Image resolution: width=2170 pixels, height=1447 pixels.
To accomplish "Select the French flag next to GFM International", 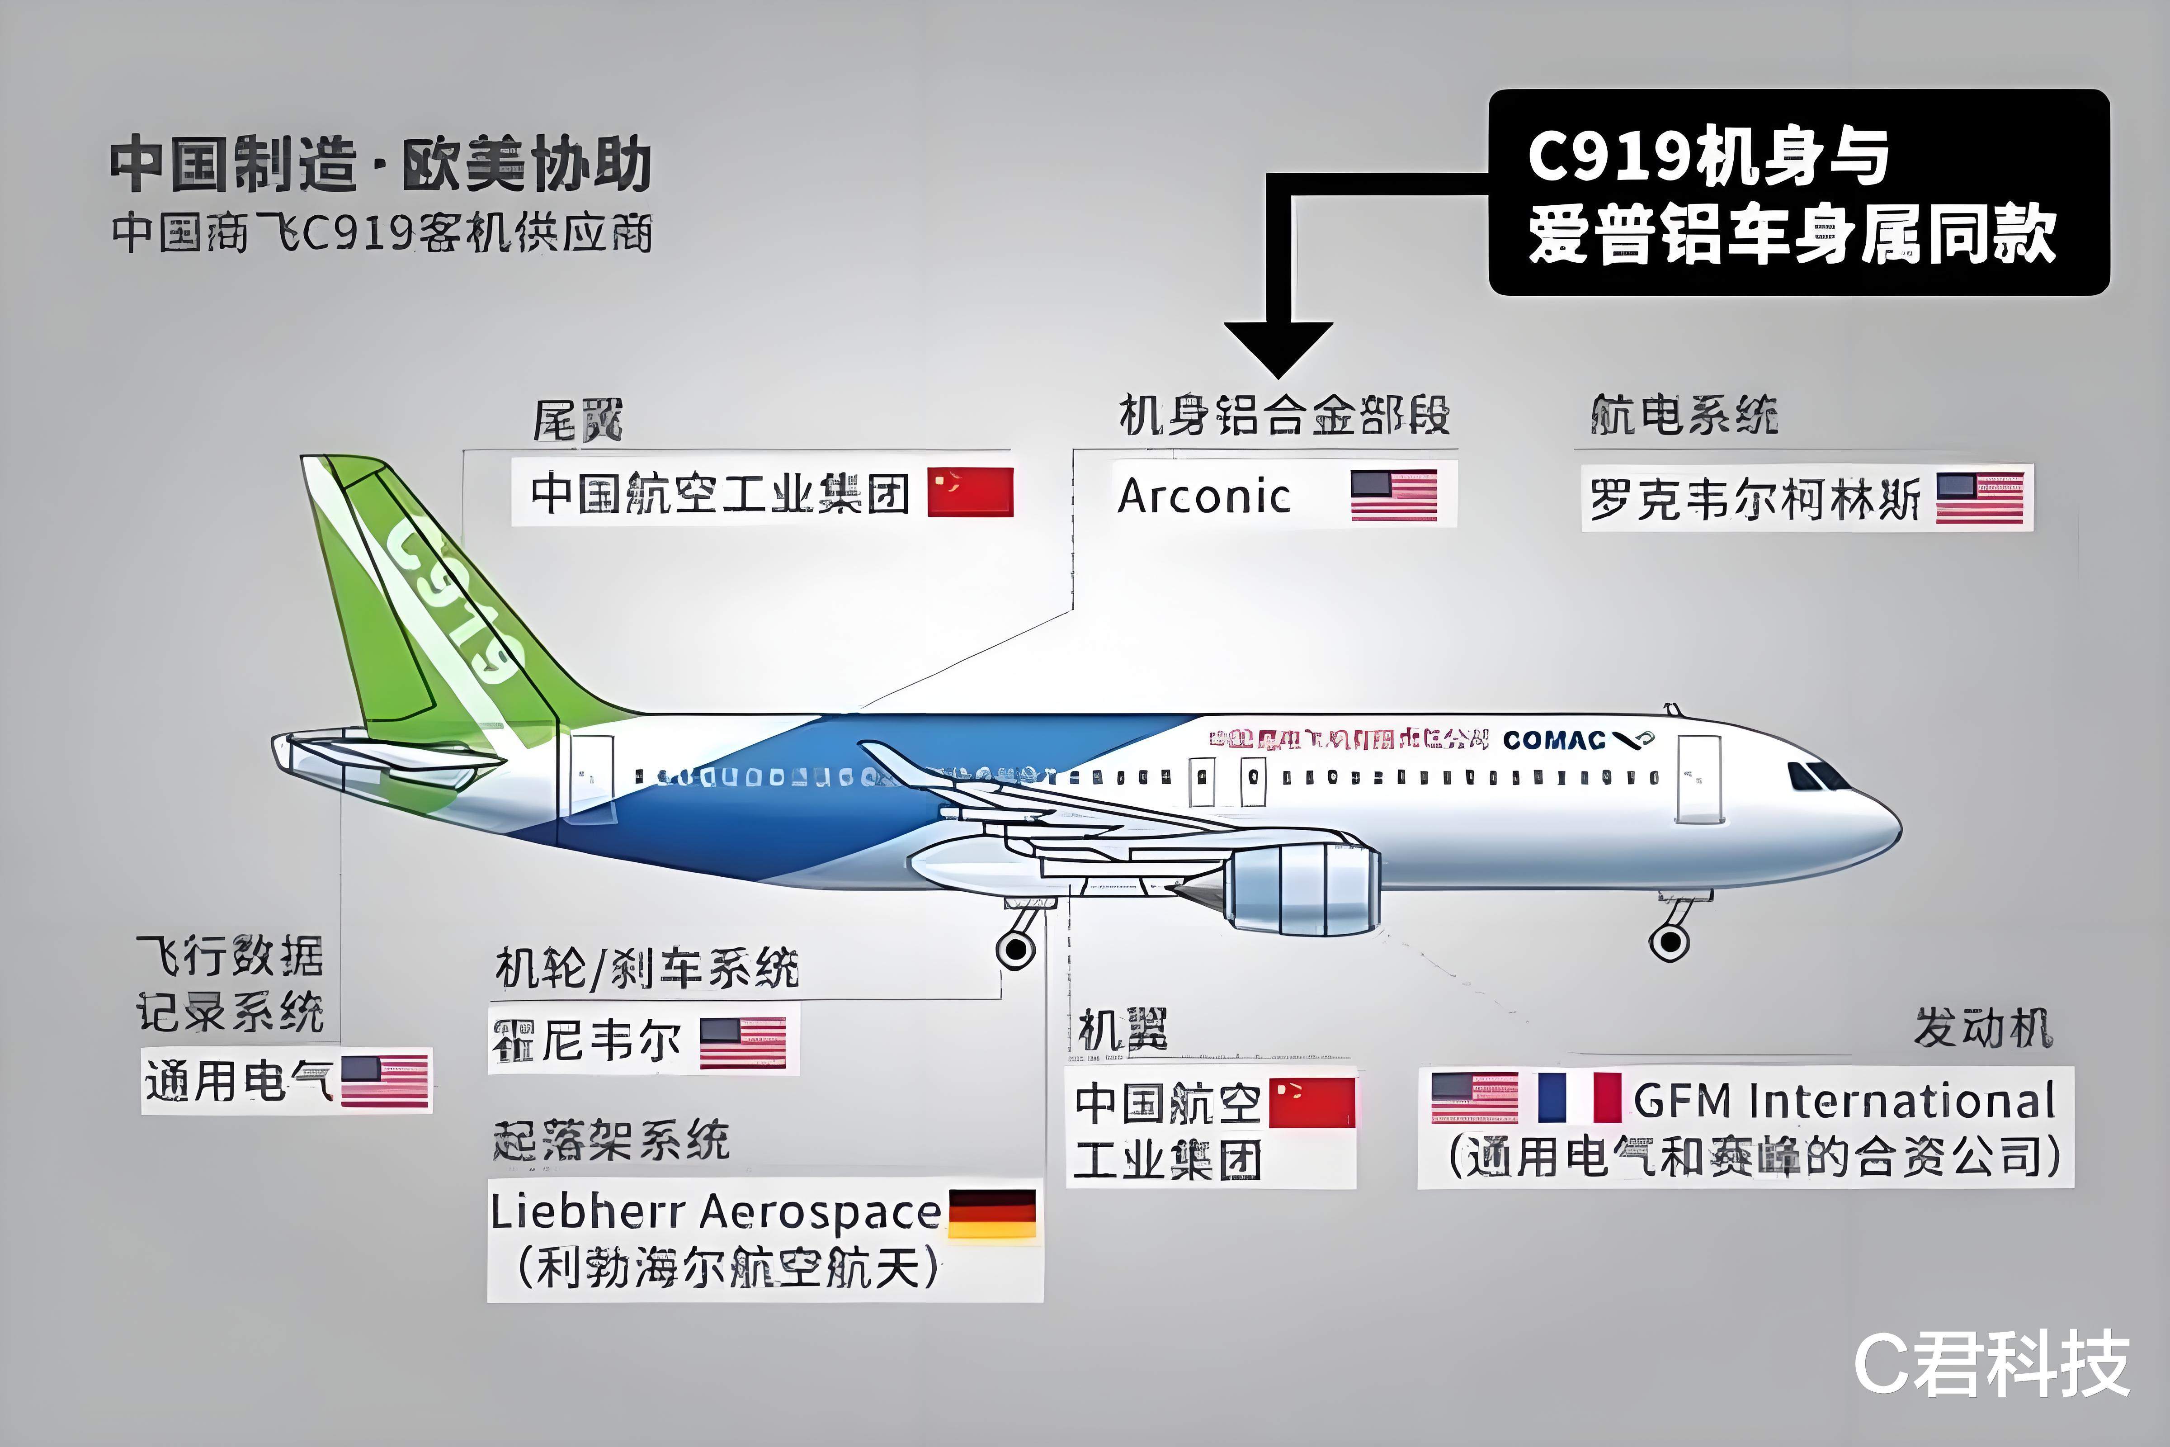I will point(1580,1097).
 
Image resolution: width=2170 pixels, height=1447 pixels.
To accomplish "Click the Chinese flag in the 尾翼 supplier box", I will point(970,492).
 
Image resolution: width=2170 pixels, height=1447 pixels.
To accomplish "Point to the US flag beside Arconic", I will point(1393,496).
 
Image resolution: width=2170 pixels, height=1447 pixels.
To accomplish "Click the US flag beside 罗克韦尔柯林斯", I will point(1980,498).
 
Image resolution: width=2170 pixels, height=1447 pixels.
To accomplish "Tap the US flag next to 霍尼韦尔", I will point(743,1043).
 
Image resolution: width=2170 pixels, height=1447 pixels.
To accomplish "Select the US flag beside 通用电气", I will point(385,1081).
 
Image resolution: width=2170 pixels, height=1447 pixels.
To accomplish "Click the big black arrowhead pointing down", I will point(1278,346).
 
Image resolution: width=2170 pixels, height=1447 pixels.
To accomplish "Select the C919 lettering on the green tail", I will point(452,605).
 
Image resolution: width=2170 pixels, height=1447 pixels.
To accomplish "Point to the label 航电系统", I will point(1684,415).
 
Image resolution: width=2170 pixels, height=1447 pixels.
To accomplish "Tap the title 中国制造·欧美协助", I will point(380,164).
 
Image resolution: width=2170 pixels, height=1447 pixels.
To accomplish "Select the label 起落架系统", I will point(611,1140).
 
